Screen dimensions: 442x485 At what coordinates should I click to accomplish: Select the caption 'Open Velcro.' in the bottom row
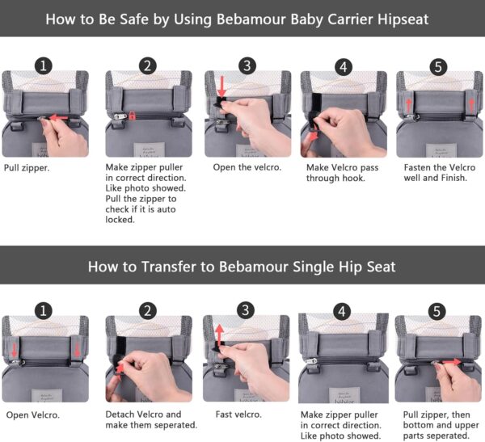coord(33,414)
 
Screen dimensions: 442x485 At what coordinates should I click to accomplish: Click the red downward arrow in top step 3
coord(221,85)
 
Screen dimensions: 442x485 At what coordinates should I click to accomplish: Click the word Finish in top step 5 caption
coord(449,178)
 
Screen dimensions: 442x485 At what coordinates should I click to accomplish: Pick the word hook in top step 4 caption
coord(352,178)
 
